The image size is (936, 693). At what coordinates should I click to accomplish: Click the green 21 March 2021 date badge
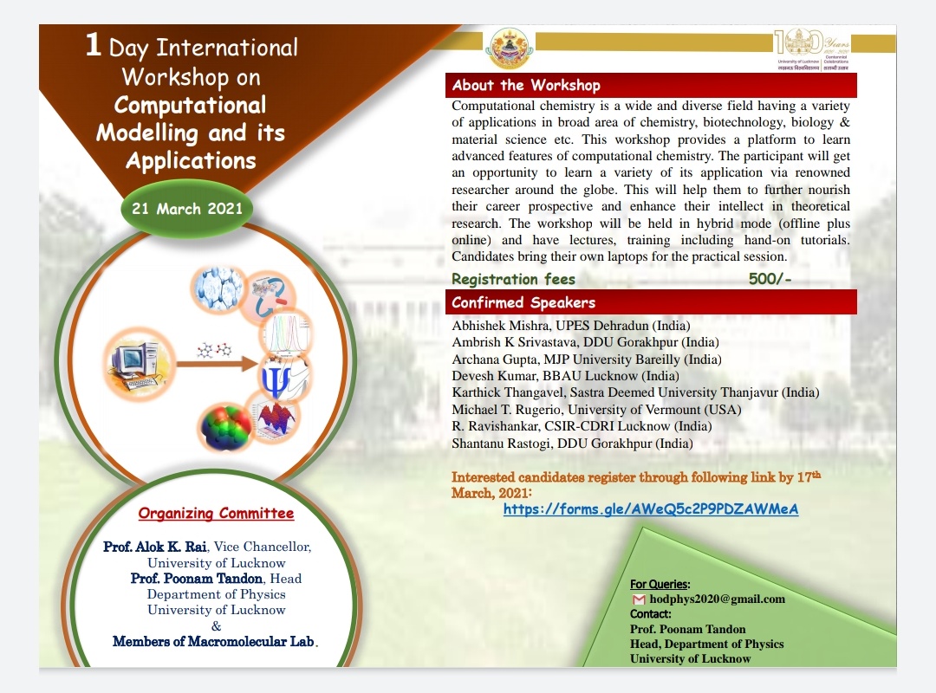click(187, 209)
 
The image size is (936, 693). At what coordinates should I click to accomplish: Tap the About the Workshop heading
click(526, 85)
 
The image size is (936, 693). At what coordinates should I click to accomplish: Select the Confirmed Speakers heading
click(523, 302)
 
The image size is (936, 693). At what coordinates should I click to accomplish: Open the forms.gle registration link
click(650, 509)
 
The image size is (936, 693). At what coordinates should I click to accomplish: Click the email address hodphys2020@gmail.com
click(717, 599)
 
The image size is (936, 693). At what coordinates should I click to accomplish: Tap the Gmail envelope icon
click(639, 599)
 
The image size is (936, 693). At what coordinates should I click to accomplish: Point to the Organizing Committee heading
click(216, 513)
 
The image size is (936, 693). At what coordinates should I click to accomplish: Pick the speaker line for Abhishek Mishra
click(571, 326)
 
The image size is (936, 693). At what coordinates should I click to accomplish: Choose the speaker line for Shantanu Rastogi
click(572, 444)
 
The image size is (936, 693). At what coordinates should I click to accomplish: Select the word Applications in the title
click(191, 161)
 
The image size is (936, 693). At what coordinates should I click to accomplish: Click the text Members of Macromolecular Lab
click(215, 642)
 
